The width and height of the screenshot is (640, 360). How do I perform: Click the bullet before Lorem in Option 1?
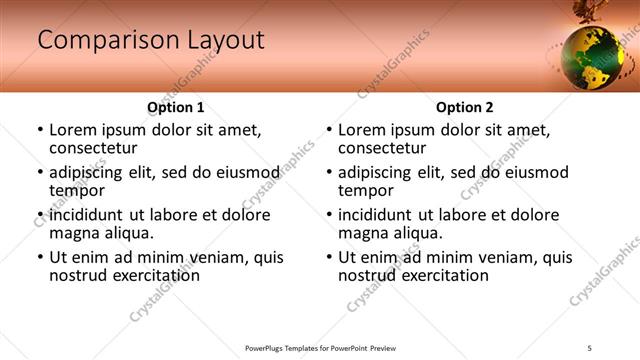point(40,130)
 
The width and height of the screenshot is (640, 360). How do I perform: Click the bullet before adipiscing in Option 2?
point(329,172)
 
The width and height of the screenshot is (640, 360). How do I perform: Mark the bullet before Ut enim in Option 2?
point(329,257)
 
